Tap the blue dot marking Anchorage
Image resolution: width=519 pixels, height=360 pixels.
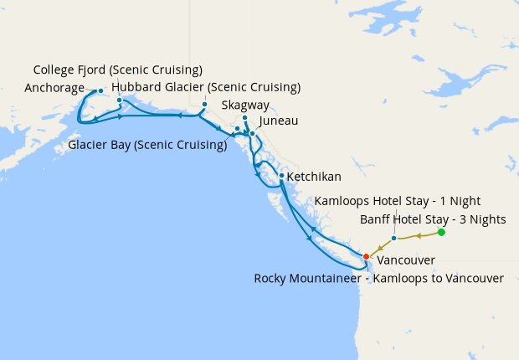100,90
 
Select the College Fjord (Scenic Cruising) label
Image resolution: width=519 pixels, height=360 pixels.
117,69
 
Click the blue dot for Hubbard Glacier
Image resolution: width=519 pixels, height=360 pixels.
204,105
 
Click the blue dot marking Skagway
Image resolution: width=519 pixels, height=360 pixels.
245,118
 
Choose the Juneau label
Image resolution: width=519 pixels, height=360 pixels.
278,121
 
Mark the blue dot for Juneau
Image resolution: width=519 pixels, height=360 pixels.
252,133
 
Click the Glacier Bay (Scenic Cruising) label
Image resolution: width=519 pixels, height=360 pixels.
148,144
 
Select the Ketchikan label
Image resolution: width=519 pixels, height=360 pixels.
314,177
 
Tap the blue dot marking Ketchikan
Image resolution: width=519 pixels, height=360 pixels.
281,176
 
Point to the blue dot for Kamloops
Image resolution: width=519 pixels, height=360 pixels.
394,239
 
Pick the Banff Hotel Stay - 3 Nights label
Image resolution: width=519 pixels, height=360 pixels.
433,219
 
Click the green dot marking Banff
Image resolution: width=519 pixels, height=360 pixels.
441,232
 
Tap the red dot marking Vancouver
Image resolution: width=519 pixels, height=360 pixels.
366,256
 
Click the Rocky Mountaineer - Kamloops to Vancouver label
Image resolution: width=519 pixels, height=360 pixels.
378,278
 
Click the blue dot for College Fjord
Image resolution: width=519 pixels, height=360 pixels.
120,100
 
